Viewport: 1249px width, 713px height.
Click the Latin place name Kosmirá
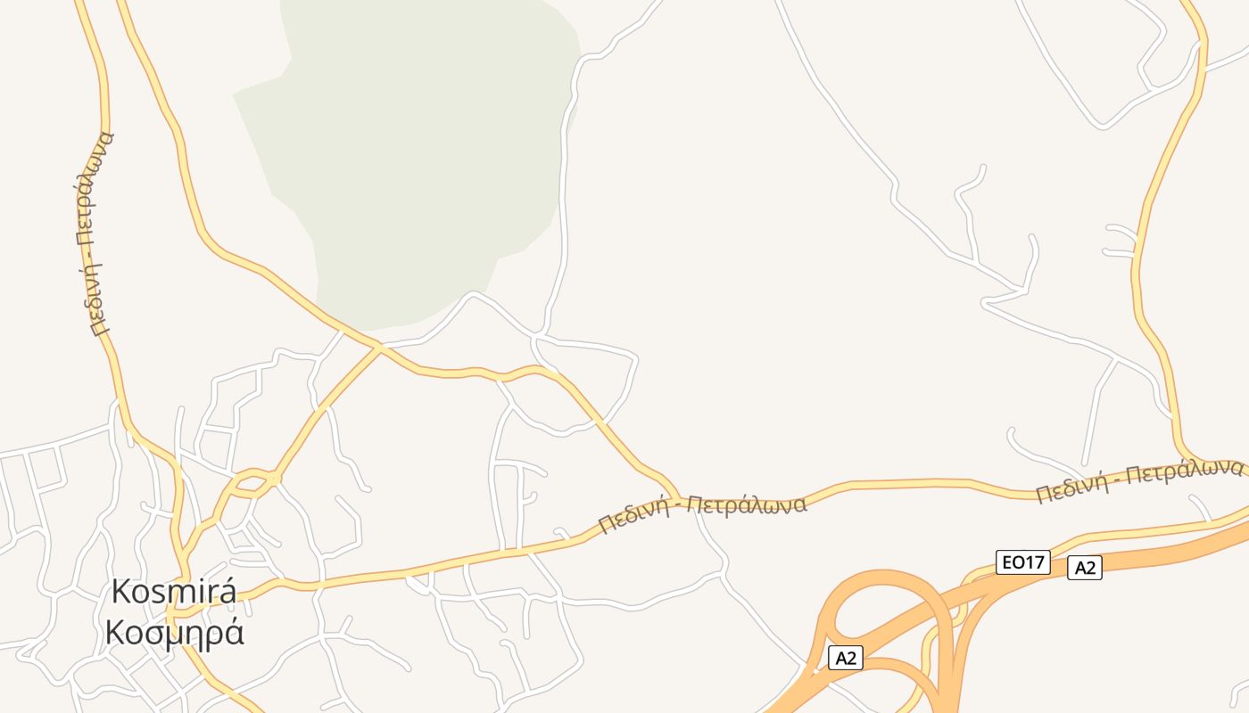pyautogui.click(x=174, y=593)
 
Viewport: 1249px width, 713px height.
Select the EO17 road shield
pyautogui.click(x=1022, y=562)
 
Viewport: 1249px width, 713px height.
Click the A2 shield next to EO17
pyautogui.click(x=1084, y=568)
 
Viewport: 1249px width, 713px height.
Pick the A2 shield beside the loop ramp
pyautogui.click(x=845, y=659)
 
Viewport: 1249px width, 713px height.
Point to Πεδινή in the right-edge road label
pyautogui.click(x=1074, y=488)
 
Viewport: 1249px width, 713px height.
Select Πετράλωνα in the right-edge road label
pyautogui.click(x=1185, y=471)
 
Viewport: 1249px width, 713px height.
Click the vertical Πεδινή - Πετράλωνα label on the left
pyautogui.click(x=95, y=234)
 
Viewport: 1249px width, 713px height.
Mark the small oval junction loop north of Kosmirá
pyautogui.click(x=253, y=484)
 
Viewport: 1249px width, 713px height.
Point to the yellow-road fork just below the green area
pyautogui.click(x=379, y=348)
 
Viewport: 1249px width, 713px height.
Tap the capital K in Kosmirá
pyautogui.click(x=121, y=593)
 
